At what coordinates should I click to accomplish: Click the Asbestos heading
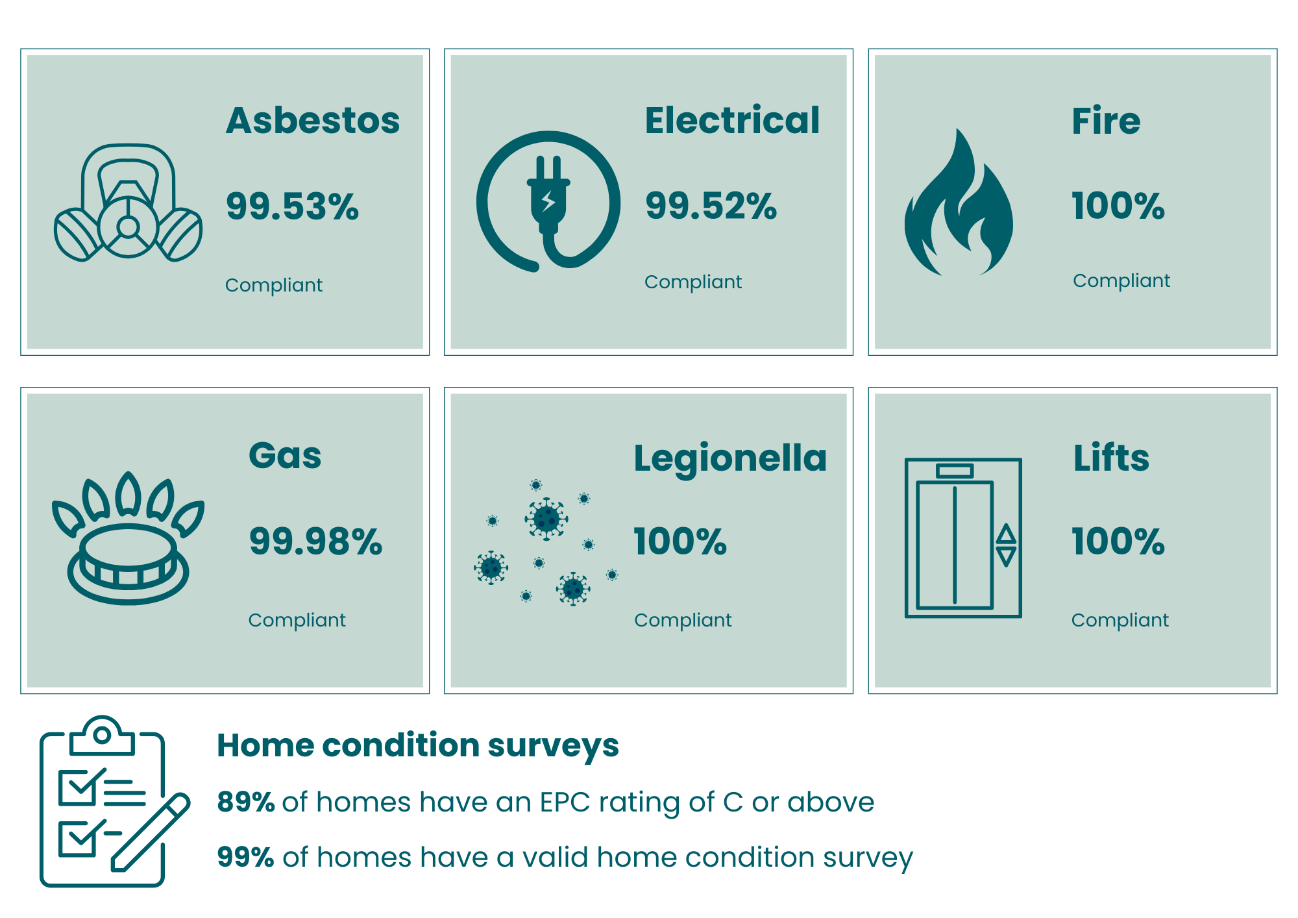click(x=313, y=121)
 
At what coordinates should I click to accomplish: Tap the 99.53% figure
click(x=292, y=206)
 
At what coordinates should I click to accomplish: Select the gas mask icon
click(x=128, y=203)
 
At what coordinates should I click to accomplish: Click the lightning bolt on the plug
click(x=548, y=201)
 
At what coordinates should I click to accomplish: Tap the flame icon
click(x=959, y=203)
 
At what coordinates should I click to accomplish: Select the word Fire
click(x=1106, y=121)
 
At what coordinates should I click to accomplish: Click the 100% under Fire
click(x=1118, y=206)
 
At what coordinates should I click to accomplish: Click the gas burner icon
click(x=128, y=538)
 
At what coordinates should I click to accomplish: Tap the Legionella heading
click(x=730, y=459)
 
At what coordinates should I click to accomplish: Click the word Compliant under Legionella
click(x=683, y=621)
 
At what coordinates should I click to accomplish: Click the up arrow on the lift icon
click(x=1007, y=534)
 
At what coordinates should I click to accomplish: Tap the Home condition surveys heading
click(x=418, y=746)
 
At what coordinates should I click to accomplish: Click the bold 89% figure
click(x=246, y=802)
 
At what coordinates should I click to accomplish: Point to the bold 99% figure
click(x=246, y=857)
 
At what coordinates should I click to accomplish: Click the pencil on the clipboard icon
click(x=151, y=832)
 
